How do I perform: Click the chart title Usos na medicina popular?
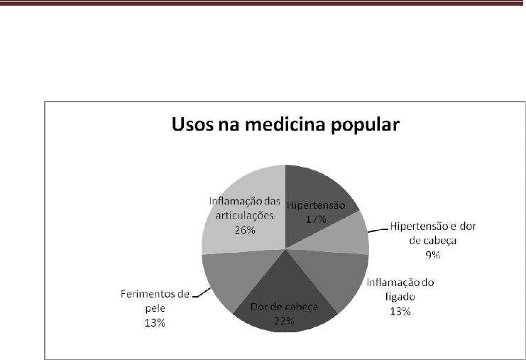pos(285,125)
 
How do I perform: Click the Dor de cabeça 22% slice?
pos(285,302)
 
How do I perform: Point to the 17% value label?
pos(316,219)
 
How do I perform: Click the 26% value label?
pos(245,230)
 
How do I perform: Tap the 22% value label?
pos(284,321)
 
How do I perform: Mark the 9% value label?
pos(433,256)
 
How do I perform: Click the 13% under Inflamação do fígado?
pos(400,312)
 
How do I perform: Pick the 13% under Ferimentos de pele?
pos(155,323)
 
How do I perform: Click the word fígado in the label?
pos(400,297)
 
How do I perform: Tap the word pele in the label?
pos(155,308)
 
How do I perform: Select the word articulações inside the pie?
pos(245,216)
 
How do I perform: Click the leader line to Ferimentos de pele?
pos(202,293)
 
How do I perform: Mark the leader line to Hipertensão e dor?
pos(378,231)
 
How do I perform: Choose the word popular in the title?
pos(365,126)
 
